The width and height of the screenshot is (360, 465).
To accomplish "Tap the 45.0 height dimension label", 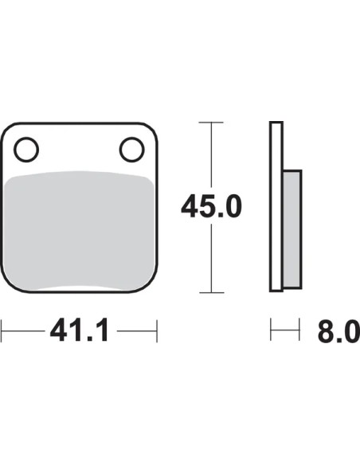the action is pyautogui.click(x=211, y=205).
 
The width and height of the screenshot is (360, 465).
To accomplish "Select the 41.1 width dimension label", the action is pyautogui.click(x=80, y=330).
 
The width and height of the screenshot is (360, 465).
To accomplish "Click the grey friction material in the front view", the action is pyautogui.click(x=80, y=231).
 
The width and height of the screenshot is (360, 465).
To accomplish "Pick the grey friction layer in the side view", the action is pyautogui.click(x=292, y=229).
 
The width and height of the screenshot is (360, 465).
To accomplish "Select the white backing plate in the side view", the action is pyautogui.click(x=276, y=206).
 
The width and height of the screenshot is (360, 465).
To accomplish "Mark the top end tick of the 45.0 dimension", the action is pyautogui.click(x=211, y=122).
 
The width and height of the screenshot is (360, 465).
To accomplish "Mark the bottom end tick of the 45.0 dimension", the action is pyautogui.click(x=211, y=293).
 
